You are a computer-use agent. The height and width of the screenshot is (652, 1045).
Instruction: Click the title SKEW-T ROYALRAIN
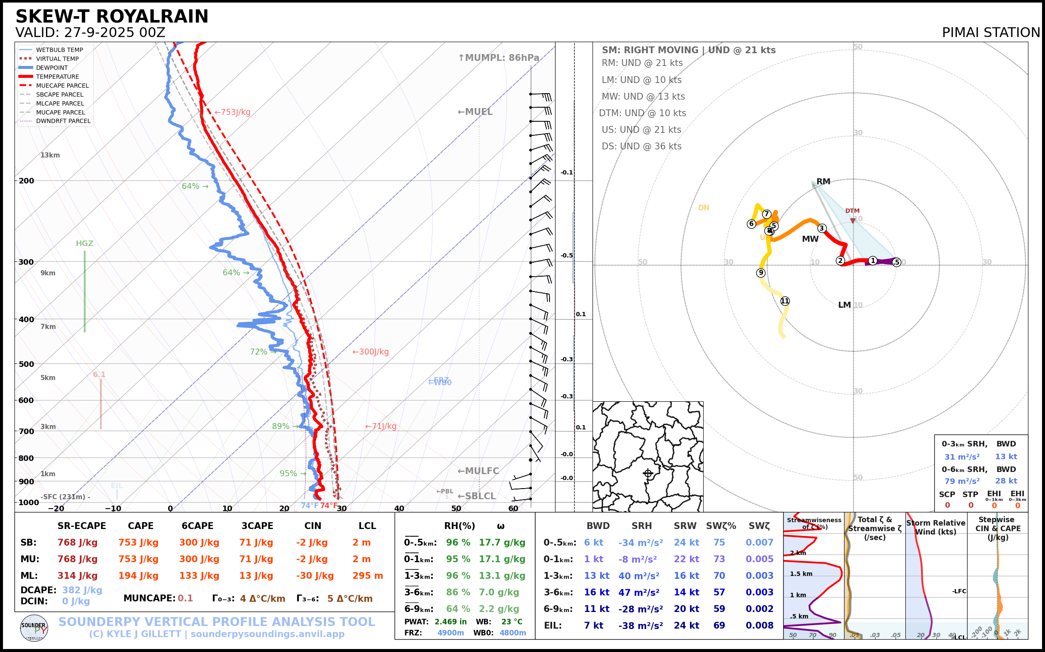pos(112,17)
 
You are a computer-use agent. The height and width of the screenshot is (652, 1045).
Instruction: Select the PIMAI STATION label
pos(991,32)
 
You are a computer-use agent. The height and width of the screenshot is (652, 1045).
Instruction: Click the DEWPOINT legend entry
pos(52,68)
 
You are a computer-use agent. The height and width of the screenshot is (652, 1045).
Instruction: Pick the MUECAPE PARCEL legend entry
pos(62,86)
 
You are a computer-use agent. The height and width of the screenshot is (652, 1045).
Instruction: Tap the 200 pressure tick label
pos(26,181)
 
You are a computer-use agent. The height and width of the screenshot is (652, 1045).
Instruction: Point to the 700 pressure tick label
pos(26,431)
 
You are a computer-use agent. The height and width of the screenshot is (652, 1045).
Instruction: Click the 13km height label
pos(50,155)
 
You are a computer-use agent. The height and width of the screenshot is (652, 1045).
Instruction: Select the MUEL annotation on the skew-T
pos(475,112)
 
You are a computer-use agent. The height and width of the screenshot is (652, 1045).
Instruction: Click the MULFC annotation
pos(478,471)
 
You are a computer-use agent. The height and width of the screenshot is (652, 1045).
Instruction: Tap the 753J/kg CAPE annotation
pos(232,112)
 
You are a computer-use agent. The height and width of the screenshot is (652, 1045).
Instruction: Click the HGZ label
pos(85,243)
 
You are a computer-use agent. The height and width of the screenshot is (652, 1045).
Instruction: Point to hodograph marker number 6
pos(751,224)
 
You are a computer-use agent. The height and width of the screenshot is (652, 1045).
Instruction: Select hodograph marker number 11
pos(785,301)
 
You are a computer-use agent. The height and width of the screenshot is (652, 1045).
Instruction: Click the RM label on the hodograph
pos(823,182)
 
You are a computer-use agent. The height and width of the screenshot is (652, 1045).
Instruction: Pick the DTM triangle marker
pos(853,221)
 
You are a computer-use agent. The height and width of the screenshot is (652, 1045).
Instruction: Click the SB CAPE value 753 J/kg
pos(138,543)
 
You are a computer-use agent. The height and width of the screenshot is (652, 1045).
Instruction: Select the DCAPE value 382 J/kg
pos(82,590)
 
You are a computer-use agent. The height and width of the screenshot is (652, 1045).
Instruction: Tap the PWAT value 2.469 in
pos(450,621)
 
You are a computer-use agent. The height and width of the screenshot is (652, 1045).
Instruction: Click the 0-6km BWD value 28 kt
pos(1006,481)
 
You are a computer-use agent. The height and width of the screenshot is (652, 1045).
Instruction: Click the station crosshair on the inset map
pos(648,474)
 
